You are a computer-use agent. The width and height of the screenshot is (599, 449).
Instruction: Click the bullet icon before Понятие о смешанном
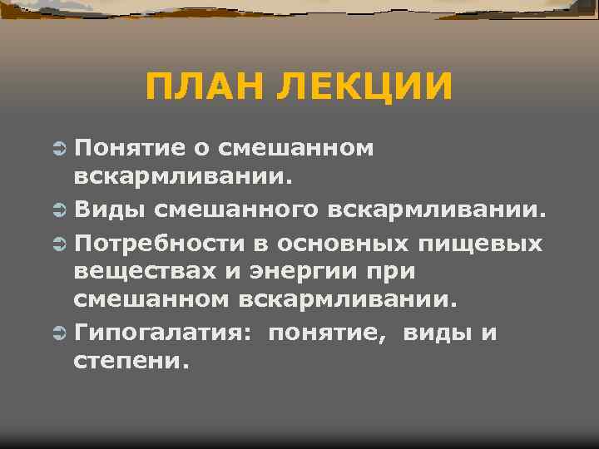coord(58,148)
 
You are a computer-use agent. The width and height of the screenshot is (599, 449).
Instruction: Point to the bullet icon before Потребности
coord(58,244)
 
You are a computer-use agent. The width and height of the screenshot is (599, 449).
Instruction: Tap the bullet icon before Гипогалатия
coord(58,334)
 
